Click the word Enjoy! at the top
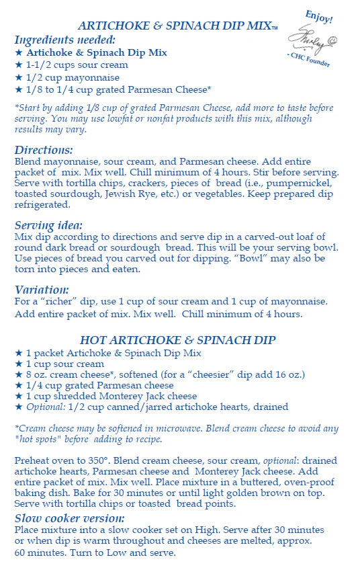pos(320,17)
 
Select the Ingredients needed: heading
pos(64,40)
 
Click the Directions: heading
pos(44,150)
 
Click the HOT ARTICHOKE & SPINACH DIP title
pos(177,340)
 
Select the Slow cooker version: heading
pos(69,518)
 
